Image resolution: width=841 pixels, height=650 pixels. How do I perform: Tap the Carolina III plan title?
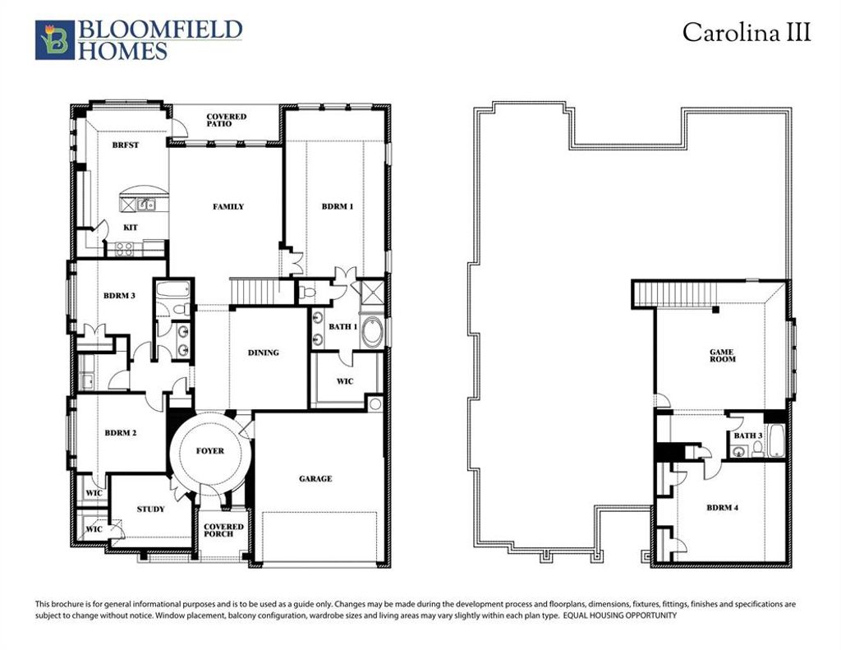[x=747, y=33]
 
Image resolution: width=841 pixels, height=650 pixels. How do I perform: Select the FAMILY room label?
[x=228, y=206]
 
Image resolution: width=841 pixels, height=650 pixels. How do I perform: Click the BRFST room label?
[x=126, y=145]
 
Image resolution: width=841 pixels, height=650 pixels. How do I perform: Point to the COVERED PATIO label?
[x=226, y=120]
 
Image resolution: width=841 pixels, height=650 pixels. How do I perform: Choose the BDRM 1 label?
[x=337, y=206]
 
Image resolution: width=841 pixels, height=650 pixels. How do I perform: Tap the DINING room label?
[x=264, y=353]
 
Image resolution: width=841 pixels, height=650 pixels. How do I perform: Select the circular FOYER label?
[x=209, y=450]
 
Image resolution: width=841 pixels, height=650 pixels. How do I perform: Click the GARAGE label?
[x=315, y=478]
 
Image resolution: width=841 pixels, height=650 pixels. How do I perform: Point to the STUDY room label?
[x=150, y=509]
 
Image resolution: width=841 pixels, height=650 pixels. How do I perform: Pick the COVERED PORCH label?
[x=223, y=530]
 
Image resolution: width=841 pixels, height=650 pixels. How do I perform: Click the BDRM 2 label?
[x=120, y=432]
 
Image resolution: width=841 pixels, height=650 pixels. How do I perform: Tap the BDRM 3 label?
[x=120, y=295]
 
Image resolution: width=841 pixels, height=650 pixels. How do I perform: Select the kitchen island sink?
[x=142, y=205]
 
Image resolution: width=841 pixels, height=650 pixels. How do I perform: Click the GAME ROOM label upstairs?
[x=723, y=356]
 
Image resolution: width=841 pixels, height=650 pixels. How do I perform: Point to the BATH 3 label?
[x=747, y=436]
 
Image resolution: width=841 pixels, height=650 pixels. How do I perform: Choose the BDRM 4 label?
[x=723, y=508]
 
